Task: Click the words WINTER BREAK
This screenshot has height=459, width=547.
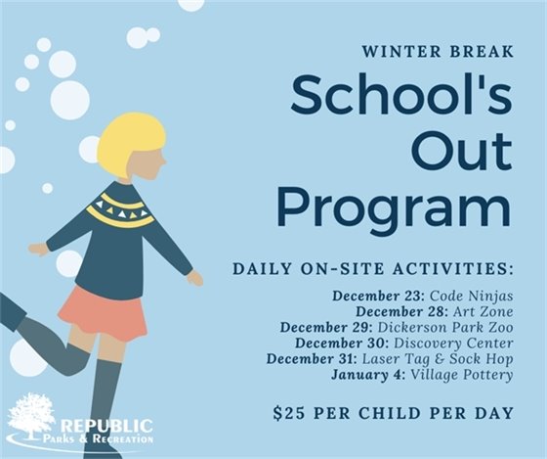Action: coord(435,52)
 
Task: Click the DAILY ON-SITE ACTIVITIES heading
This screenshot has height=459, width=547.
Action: coord(373,267)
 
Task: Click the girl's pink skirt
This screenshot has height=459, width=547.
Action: coord(102,311)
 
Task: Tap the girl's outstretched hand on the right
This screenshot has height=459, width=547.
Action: coord(194,278)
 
